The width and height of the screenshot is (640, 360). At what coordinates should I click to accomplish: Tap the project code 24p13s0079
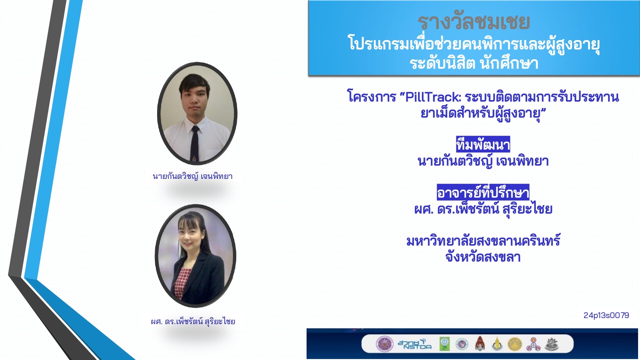[x=606, y=315]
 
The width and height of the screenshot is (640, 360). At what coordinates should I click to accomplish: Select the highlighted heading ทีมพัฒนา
[x=483, y=144]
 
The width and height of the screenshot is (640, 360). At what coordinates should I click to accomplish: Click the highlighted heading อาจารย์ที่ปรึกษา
[x=483, y=192]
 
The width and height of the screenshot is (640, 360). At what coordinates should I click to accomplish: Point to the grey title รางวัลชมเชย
[x=474, y=22]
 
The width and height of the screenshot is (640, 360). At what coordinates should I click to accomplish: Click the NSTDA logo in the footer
[x=414, y=344]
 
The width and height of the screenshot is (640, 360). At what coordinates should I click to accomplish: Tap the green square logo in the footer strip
[x=444, y=344]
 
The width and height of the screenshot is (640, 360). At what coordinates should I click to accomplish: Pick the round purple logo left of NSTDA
[x=384, y=344]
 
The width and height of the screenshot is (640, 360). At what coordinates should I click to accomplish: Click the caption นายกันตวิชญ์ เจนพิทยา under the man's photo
[x=193, y=176]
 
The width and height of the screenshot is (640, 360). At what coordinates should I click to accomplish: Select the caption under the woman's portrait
[x=193, y=321]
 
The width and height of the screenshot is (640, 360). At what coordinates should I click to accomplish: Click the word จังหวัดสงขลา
[x=483, y=257]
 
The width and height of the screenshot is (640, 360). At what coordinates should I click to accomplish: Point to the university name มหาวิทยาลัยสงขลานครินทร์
[x=483, y=241]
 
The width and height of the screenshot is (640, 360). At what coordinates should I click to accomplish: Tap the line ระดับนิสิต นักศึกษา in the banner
[x=474, y=63]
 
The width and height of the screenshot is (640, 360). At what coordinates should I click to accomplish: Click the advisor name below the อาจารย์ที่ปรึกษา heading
[x=483, y=209]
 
